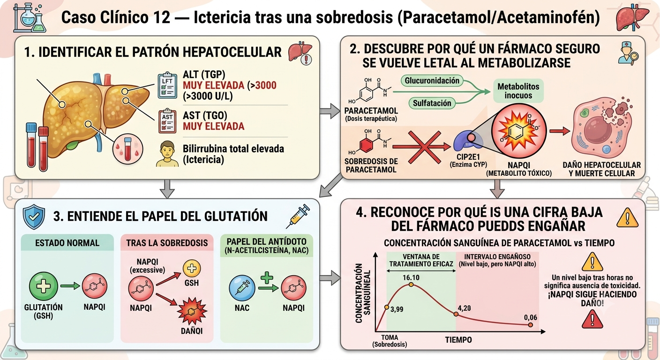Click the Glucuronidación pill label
tap(432, 81)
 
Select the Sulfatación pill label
tap(432, 103)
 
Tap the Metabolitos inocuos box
tap(518, 91)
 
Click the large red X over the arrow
tap(424, 147)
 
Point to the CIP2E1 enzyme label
tap(468, 157)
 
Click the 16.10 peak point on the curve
tap(411, 285)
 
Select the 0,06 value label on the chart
tap(530, 317)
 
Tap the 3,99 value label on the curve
tap(397, 309)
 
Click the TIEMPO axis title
tap(458, 340)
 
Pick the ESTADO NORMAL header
tap(67, 243)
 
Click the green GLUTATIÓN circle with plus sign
tap(43, 286)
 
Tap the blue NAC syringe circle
tap(242, 288)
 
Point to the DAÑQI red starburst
tap(192, 312)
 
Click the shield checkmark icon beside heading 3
tap(34, 217)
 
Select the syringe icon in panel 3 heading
tap(298, 216)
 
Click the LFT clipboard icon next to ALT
tap(167, 85)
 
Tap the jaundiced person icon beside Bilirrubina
tap(167, 154)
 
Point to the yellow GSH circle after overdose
tap(192, 269)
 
